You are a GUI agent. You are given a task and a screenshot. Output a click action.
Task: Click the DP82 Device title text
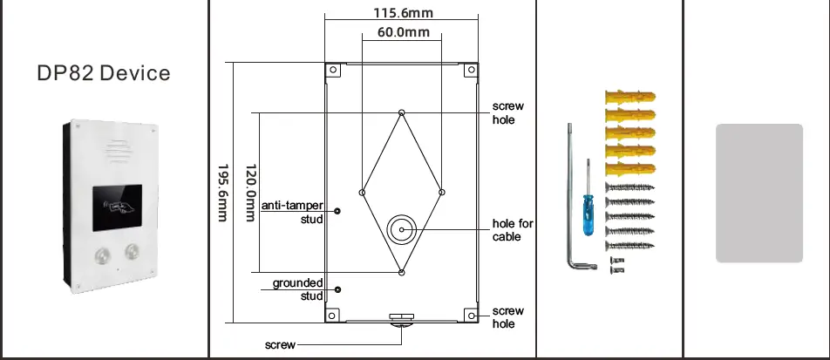tap(104, 72)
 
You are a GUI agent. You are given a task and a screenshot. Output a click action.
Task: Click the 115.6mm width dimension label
tap(403, 13)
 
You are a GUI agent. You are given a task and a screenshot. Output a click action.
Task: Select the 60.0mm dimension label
tap(403, 33)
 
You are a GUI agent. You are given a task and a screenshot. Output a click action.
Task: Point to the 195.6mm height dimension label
tap(223, 193)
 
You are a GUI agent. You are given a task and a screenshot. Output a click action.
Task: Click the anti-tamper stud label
tap(292, 212)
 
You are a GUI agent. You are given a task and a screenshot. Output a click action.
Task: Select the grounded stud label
tap(298, 289)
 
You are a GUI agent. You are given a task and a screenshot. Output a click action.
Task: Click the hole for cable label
tap(513, 230)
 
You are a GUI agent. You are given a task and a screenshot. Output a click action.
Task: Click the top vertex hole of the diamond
tap(401, 112)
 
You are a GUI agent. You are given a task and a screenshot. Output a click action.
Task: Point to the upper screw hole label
tap(508, 112)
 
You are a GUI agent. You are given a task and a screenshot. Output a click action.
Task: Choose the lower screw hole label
tap(508, 317)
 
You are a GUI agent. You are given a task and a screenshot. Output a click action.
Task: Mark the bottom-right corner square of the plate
tap(470, 316)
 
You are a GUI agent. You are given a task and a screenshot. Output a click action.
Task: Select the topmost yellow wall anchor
tap(628, 96)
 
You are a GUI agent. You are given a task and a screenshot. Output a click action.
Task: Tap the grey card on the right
tap(759, 193)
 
